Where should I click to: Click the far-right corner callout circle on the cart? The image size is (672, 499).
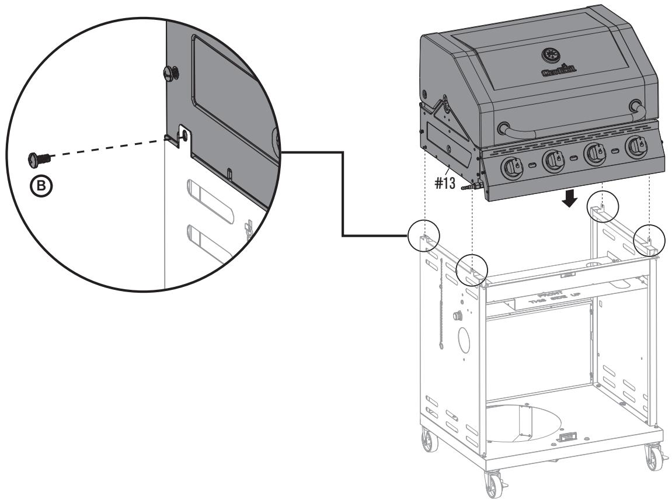(x=649, y=238)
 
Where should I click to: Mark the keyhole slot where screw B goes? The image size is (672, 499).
(x=182, y=135)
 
